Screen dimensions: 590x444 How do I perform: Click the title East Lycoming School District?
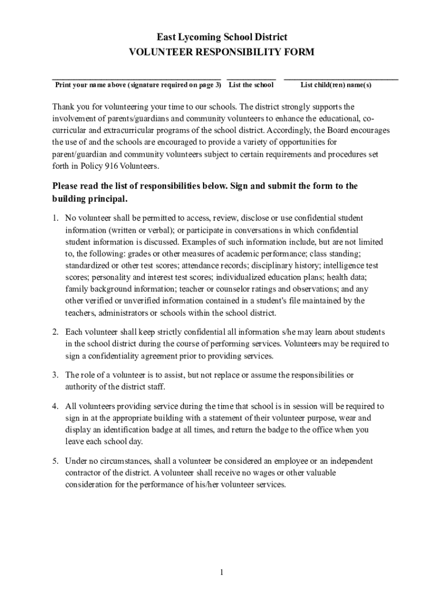point(221,37)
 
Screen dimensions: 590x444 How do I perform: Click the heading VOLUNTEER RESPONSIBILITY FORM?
point(221,52)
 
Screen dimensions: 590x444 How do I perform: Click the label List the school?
point(251,85)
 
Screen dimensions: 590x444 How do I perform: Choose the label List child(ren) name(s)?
point(336,85)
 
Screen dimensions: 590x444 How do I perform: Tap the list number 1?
point(55,218)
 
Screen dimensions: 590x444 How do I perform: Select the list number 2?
point(55,332)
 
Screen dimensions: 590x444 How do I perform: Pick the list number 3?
point(55,375)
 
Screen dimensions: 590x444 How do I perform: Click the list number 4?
point(55,406)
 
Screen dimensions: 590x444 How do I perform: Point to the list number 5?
point(55,461)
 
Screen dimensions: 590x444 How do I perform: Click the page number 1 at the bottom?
point(221,572)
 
